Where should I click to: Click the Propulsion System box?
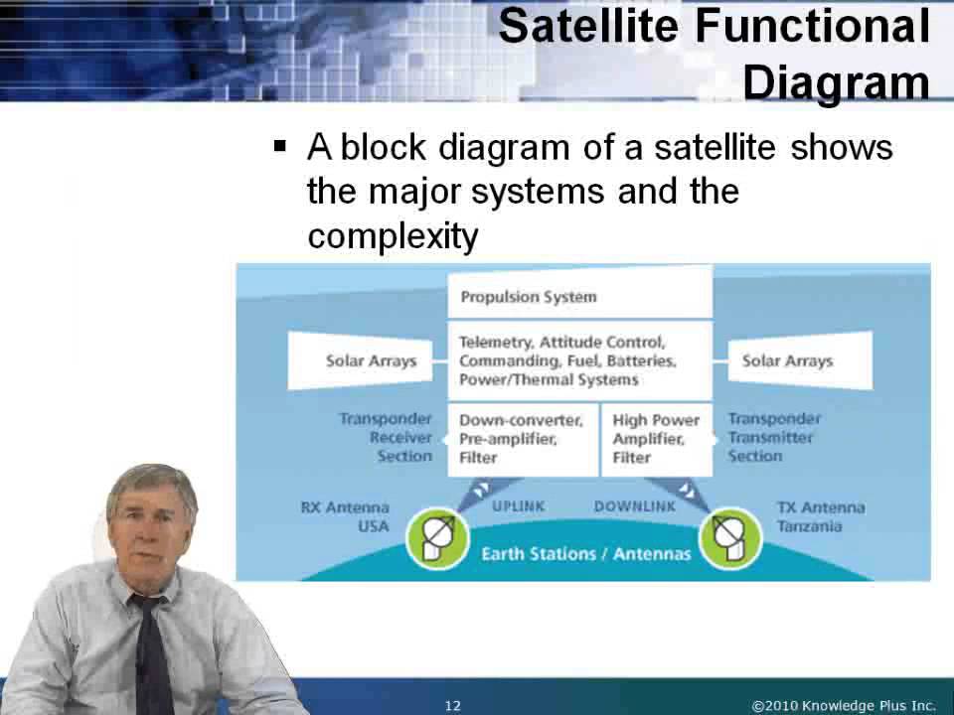[579, 296]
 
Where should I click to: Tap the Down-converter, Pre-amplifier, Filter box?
[523, 438]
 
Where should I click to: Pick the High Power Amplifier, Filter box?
[657, 438]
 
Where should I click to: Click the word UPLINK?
[519, 505]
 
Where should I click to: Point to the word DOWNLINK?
[634, 505]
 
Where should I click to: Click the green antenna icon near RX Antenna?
[437, 536]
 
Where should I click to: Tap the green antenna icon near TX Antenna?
[730, 536]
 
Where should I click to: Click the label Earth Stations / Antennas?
[585, 553]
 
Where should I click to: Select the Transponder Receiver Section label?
[389, 437]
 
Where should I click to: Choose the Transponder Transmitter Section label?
[773, 437]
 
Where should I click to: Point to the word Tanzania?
[809, 526]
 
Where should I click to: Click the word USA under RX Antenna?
[374, 526]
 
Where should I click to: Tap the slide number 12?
[453, 706]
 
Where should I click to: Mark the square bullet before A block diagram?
[280, 147]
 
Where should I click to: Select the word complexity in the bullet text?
[394, 236]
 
